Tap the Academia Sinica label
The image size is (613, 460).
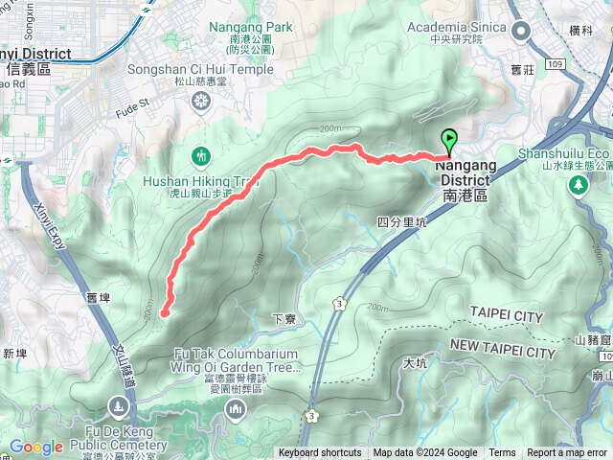tap(464, 27)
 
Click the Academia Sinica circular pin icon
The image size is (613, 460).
tap(523, 32)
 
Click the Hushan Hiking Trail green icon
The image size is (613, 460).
tap(200, 154)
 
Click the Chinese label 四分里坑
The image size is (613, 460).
tap(400, 221)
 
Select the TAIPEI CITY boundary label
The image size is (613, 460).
tap(507, 316)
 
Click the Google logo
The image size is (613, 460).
tap(35, 448)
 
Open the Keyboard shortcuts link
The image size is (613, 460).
tap(320, 453)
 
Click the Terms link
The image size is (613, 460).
tap(502, 453)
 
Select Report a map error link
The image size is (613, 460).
tap(567, 453)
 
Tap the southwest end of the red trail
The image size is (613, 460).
tap(164, 312)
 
